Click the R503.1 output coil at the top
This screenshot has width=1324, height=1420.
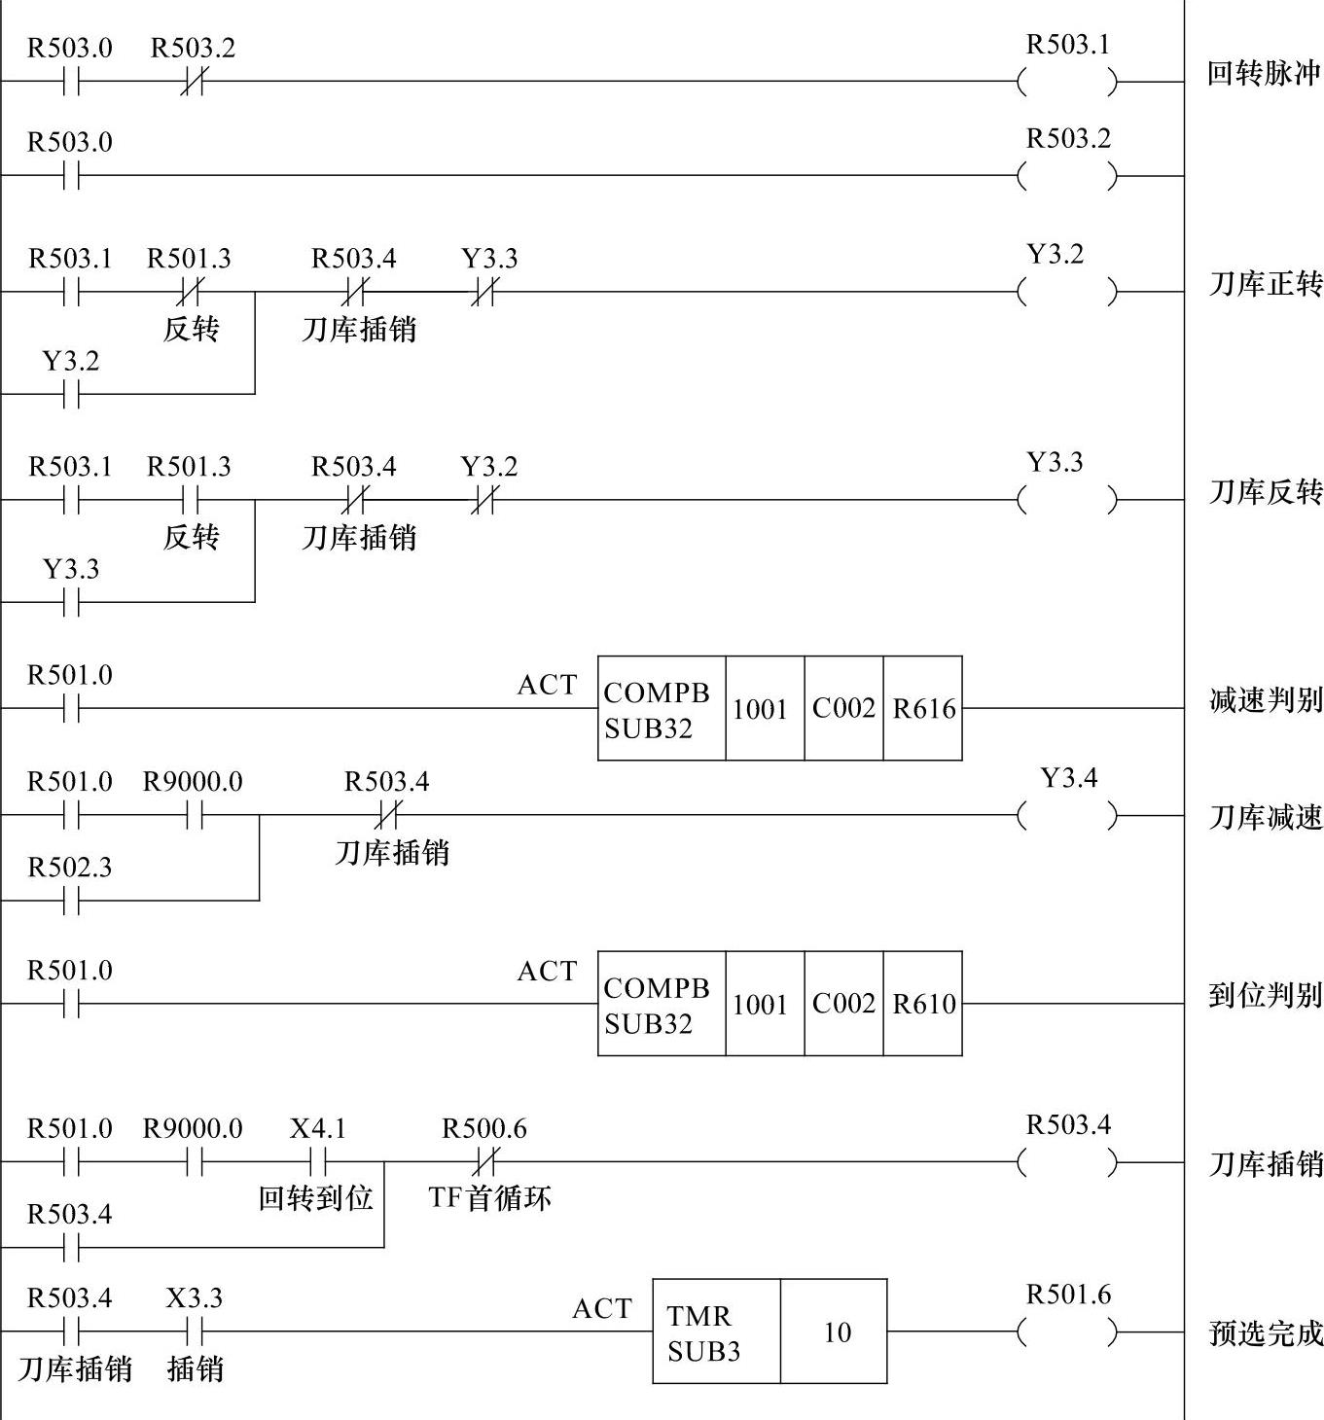point(1067,83)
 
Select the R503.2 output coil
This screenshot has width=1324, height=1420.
point(1067,176)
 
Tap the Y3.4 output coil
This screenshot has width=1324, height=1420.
point(1067,815)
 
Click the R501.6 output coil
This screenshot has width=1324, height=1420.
point(1067,1331)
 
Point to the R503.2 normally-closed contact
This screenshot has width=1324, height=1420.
point(193,83)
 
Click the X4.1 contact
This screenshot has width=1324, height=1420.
point(318,1161)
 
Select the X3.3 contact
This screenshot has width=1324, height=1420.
point(195,1331)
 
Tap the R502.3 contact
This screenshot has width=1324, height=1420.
point(70,902)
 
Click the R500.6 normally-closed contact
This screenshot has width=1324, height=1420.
point(484,1161)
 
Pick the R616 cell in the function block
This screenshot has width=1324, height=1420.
point(923,709)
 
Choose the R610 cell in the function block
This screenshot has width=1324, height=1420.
point(923,1004)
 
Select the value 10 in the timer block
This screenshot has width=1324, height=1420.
point(836,1331)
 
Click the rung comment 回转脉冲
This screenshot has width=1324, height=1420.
point(1264,74)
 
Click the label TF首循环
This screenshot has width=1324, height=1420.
point(489,1197)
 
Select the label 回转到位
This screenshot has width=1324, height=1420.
point(316,1197)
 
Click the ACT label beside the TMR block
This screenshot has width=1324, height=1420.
point(602,1309)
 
